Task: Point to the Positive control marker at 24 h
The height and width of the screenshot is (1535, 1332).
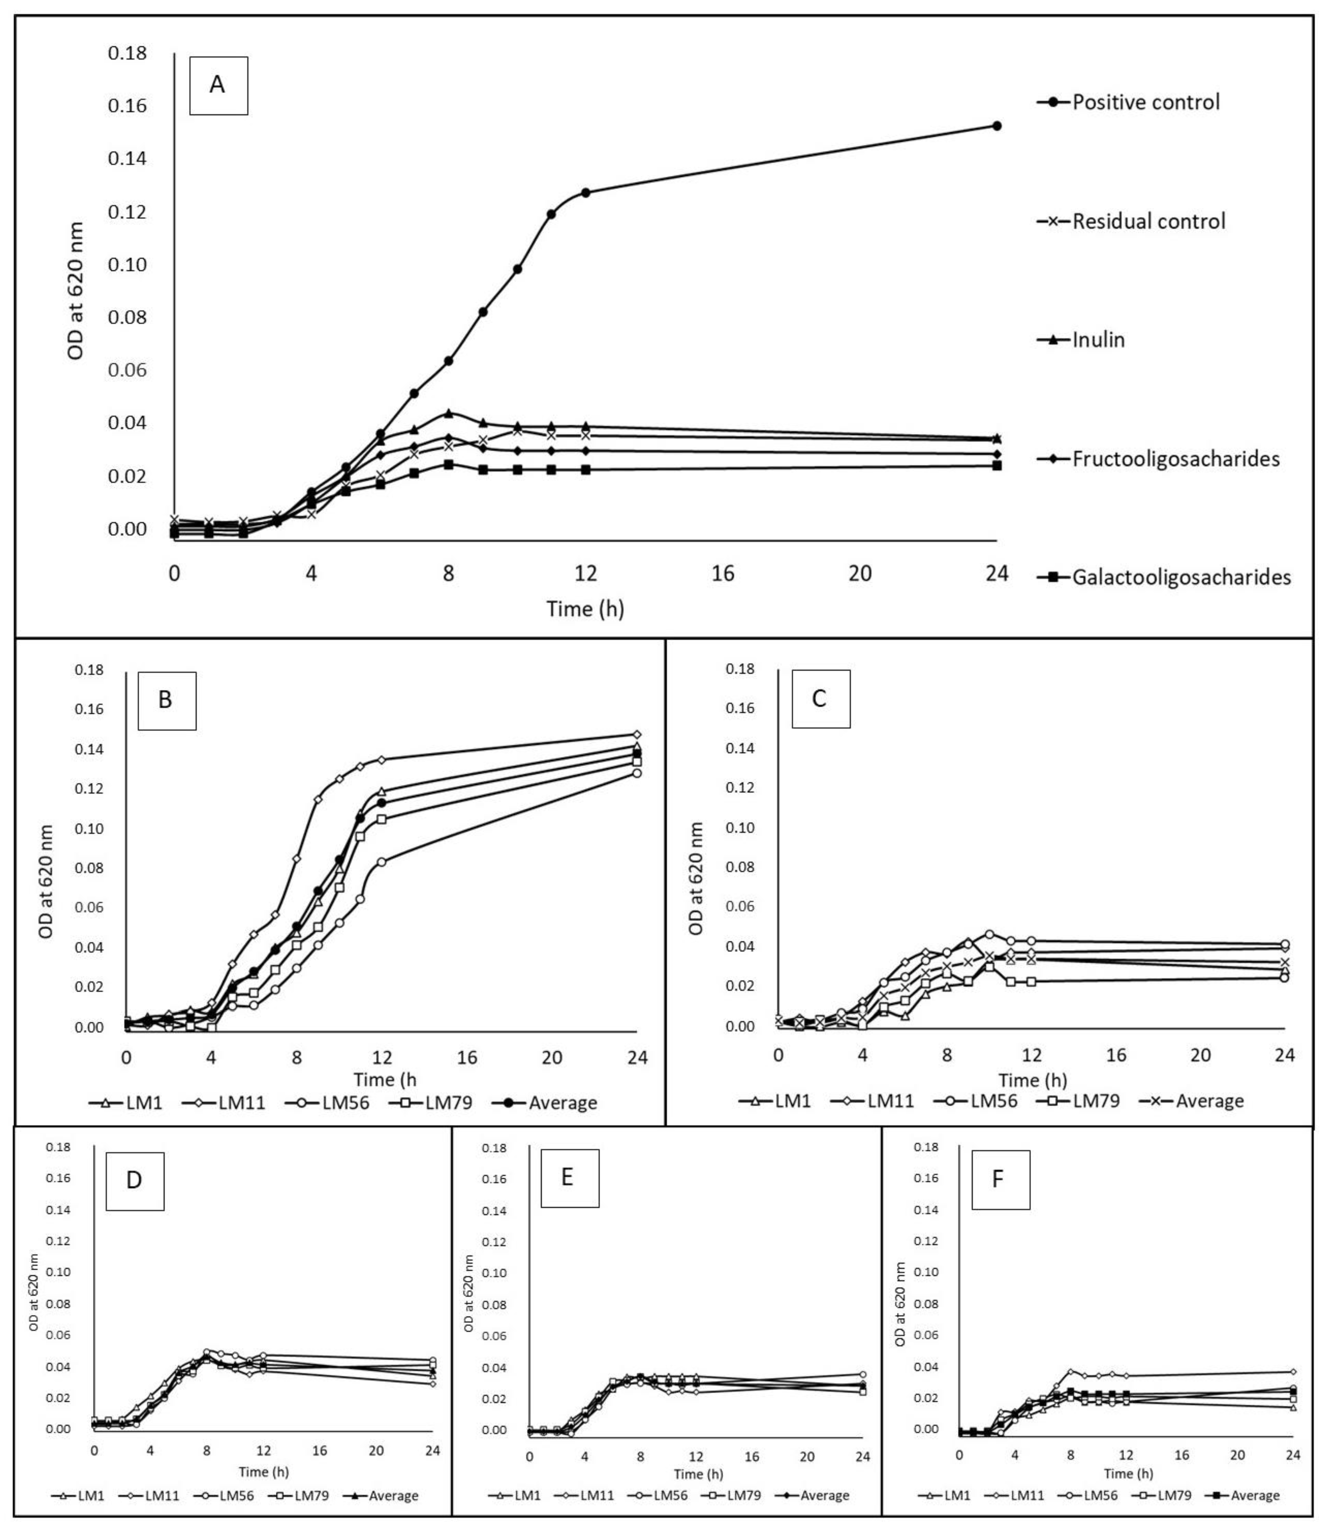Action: pos(997,125)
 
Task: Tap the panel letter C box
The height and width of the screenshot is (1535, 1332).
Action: pos(821,699)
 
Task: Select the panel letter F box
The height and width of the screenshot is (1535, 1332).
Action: pos(1001,1180)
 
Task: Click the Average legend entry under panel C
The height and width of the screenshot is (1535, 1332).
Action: pos(1192,1101)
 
